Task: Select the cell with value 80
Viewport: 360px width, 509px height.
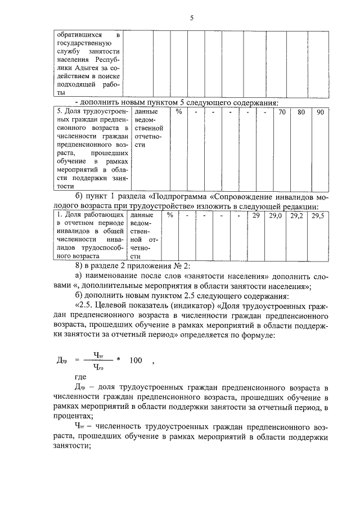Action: coord(301,112)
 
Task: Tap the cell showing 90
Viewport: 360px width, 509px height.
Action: coord(319,112)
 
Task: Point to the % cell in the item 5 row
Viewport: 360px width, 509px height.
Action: coord(178,112)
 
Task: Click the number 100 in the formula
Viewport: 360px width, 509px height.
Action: coord(136,361)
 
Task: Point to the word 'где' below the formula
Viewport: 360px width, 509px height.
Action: coord(80,379)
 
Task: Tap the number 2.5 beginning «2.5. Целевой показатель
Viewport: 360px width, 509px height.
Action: coord(85,305)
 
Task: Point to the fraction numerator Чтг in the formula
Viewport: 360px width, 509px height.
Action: coord(99,355)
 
